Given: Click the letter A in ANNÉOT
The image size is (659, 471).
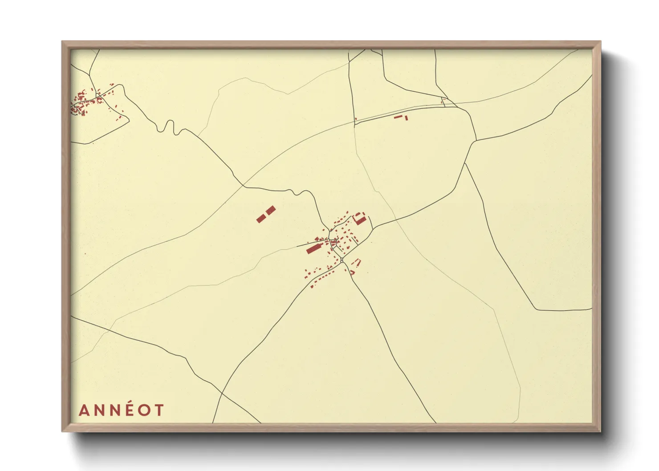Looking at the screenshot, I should pos(83,410).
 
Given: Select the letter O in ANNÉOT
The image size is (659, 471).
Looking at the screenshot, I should pos(144,410).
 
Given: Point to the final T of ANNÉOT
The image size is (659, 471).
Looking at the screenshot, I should pos(159,410).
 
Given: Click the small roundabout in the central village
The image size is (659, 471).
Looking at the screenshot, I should pos(342,260).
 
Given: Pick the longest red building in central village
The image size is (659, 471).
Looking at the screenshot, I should pos(314,248).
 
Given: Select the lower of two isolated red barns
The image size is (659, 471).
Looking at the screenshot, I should pos(261,218).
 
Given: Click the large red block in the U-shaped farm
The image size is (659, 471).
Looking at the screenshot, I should pos(360,219).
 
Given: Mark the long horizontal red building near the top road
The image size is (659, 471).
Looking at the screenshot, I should pos(398,117).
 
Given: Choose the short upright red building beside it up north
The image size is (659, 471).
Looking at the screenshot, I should pos(407,117).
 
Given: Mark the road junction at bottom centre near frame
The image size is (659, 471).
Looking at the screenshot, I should pos(221,394).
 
